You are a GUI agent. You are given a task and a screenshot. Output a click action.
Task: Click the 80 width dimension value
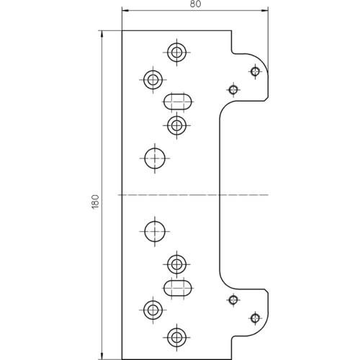195,4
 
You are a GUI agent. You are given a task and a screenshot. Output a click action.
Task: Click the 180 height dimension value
96,202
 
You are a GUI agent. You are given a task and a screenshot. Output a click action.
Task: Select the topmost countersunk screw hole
177,52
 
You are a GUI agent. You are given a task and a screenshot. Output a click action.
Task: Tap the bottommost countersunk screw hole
177,337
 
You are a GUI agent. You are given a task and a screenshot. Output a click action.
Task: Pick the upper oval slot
178,102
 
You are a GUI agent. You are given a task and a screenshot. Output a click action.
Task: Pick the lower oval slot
178,288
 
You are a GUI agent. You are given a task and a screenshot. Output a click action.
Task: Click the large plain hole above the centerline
155,158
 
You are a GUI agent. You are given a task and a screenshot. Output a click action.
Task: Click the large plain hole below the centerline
155,231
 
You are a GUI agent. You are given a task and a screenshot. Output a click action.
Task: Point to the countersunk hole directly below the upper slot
177,125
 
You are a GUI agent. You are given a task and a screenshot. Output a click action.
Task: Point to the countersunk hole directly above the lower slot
177,264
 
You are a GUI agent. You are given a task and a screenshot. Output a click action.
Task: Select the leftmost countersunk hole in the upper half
153,79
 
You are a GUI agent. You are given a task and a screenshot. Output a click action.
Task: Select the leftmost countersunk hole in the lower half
153,310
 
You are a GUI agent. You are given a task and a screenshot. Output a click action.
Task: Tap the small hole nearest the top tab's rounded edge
255,71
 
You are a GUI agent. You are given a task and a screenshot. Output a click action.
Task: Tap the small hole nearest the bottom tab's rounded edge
255,318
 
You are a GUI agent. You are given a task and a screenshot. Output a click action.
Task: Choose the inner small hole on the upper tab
233,90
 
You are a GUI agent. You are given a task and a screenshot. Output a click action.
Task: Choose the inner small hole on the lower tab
233,300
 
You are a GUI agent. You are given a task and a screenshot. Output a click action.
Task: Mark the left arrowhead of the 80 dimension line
125,11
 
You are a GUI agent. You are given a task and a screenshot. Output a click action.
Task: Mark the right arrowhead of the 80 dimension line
265,11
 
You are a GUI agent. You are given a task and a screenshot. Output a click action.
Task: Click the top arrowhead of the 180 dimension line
102,34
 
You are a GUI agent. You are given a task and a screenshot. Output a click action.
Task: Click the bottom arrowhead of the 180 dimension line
102,356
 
